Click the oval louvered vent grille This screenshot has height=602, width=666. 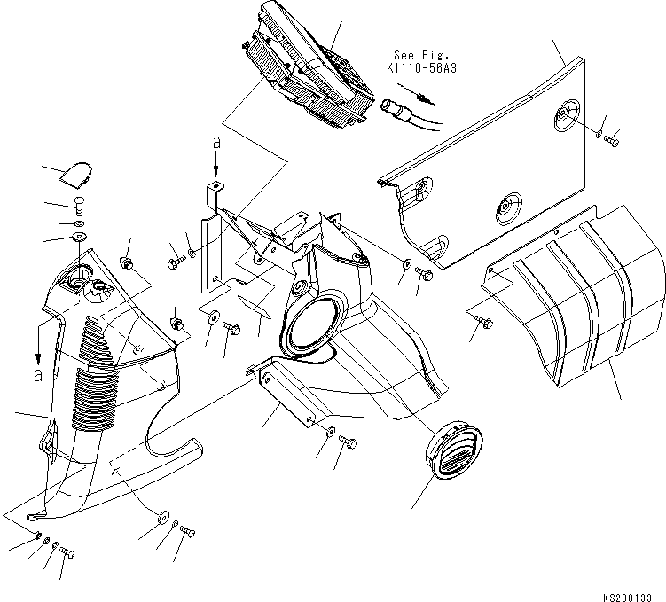point(454,452)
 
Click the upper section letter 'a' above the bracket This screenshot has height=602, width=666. point(214,141)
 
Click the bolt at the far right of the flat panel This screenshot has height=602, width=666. point(613,137)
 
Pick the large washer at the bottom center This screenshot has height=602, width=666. point(163,517)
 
